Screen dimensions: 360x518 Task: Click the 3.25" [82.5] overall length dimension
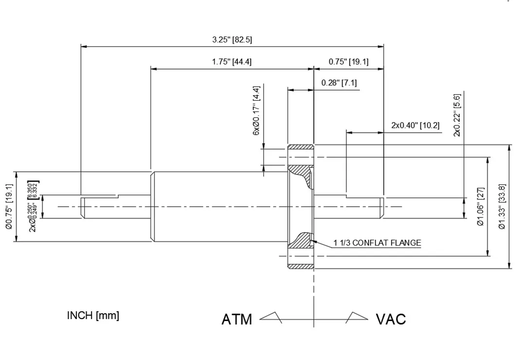(232, 40)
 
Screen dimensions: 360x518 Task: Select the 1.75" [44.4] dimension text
(232, 62)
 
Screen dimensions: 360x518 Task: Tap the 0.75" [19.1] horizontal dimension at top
(348, 62)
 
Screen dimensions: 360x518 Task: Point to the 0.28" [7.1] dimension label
(339, 83)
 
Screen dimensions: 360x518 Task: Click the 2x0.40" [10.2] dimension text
(415, 125)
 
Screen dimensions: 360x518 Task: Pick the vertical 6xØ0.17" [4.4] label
(256, 111)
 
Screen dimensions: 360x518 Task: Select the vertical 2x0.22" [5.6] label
(457, 115)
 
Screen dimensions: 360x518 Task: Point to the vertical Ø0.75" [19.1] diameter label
(8, 206)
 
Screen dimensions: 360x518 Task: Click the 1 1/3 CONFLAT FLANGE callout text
(377, 243)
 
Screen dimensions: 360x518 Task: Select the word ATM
(237, 320)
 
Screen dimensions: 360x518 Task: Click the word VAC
(391, 320)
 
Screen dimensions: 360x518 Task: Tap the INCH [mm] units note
(93, 315)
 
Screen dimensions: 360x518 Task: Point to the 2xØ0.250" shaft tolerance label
(34, 206)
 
